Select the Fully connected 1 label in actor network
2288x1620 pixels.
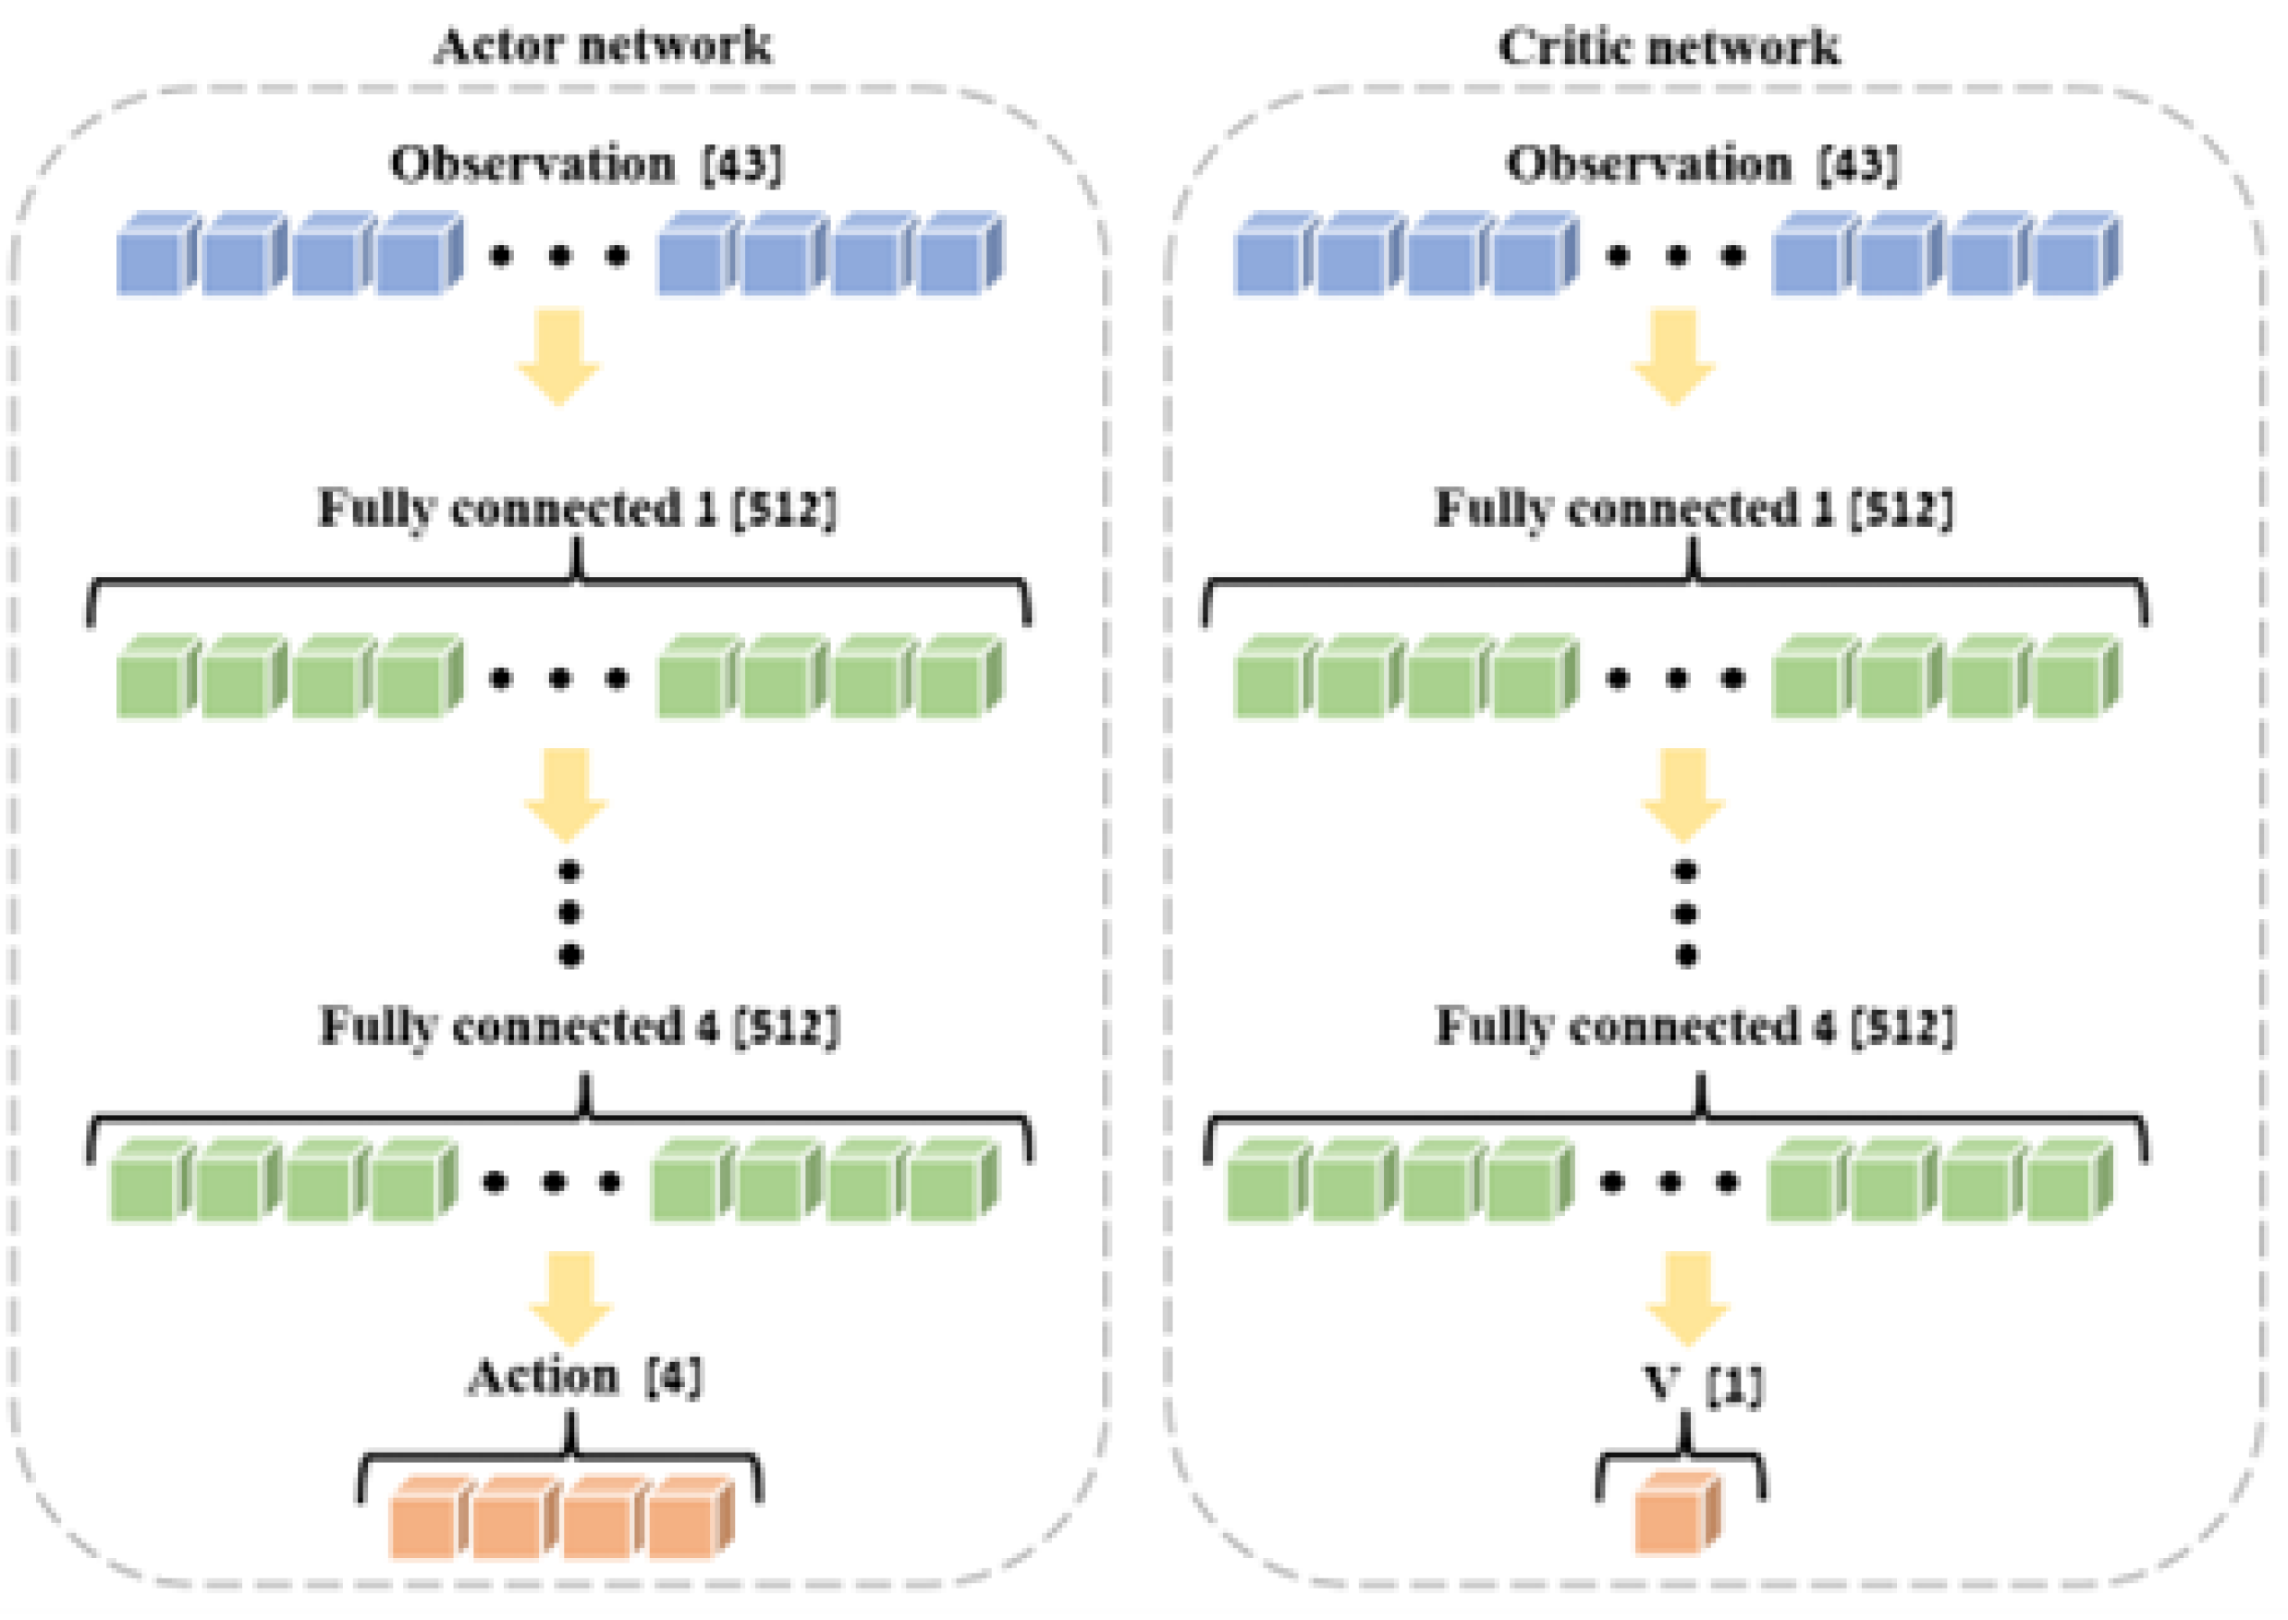(577, 509)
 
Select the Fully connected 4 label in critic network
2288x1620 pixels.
(1695, 1026)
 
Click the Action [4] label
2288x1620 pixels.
(584, 1378)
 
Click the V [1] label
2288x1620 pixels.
(1702, 1384)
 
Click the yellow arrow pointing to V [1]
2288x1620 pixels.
(1686, 1296)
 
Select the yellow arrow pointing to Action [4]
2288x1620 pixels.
(570, 1296)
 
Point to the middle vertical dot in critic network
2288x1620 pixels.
(1685, 913)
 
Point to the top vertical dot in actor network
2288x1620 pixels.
(569, 871)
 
